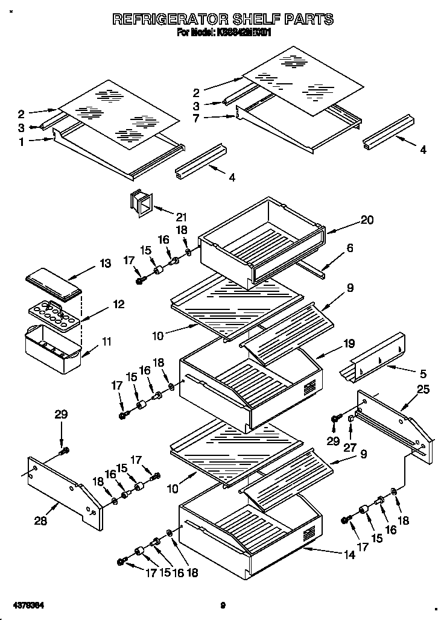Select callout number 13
coord(105,263)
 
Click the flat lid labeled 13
coord(54,283)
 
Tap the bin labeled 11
coord(52,349)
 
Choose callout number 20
coord(367,220)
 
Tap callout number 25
coord(423,390)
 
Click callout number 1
coord(21,142)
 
